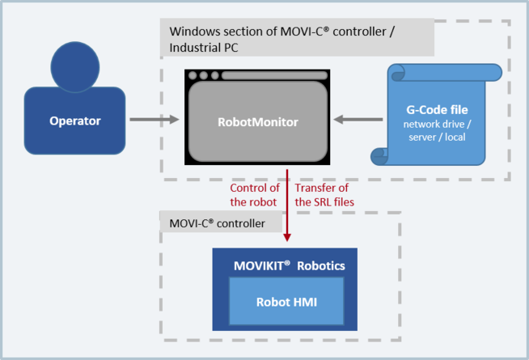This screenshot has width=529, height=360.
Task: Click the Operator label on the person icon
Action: tap(75, 121)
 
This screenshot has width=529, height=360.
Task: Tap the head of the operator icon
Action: tap(75, 66)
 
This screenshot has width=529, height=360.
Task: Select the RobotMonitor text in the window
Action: tap(258, 122)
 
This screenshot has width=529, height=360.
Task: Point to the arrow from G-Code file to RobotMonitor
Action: tap(359, 121)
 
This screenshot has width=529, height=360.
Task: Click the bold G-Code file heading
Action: tap(437, 108)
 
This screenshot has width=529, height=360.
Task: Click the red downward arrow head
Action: tap(287, 235)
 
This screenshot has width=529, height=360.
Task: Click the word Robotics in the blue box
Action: tap(320, 265)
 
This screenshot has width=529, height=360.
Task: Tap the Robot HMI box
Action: tap(286, 301)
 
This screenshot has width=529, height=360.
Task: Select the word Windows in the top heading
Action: tap(193, 32)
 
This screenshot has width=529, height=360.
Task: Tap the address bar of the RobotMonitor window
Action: tap(275, 76)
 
